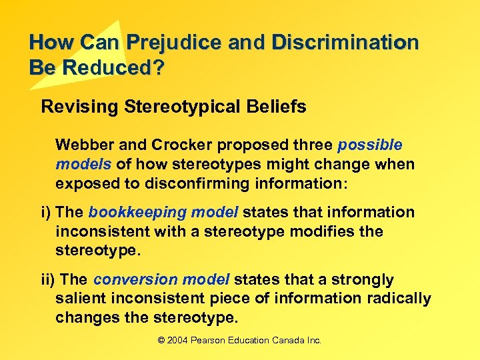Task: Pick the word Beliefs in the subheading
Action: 280,107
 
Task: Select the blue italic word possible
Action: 370,145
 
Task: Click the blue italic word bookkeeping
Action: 129,213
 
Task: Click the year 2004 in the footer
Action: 179,340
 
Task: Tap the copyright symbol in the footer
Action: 161,340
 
